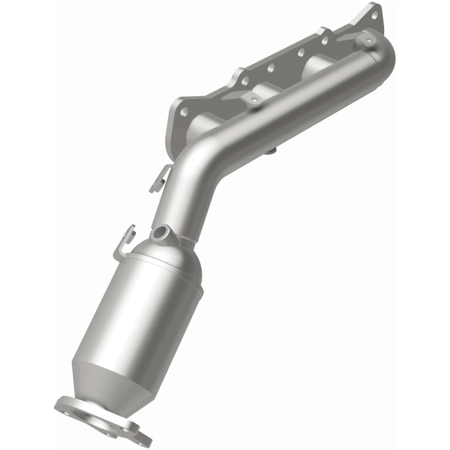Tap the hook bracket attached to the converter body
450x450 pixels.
click(x=125, y=239)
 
